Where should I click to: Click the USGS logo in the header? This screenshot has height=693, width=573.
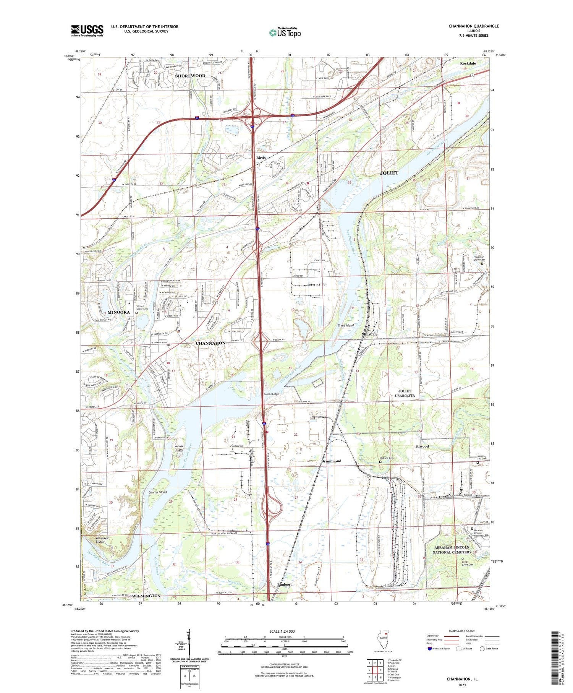coord(87,31)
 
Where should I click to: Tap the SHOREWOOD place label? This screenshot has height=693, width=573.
coord(190,76)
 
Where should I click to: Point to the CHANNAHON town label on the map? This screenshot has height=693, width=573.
coord(210,343)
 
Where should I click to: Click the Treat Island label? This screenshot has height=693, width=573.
coord(346,325)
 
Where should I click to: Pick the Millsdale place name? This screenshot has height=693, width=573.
coord(369,334)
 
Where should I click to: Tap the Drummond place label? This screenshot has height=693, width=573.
coord(331,461)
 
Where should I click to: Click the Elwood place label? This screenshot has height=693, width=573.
coord(422,446)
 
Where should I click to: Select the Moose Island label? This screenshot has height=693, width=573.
coord(179,448)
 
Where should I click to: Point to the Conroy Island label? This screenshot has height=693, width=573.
coord(157,492)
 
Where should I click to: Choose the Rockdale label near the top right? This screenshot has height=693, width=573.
coord(468,63)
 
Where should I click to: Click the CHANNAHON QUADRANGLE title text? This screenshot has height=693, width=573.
coord(474,26)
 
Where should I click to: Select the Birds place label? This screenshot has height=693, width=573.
coord(261,158)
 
